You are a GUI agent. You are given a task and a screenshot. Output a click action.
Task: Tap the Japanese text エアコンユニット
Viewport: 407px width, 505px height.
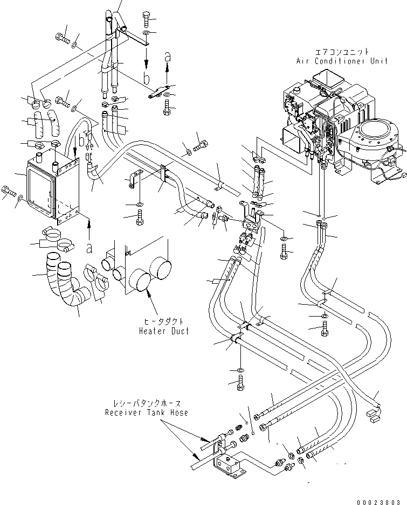tap(343, 52)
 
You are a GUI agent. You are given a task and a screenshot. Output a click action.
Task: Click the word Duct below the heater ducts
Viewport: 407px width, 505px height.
tap(179, 331)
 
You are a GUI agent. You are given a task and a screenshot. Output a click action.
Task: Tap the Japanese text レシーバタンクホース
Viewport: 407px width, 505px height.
tap(147, 403)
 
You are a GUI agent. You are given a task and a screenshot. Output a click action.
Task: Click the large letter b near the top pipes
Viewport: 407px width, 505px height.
tap(147, 78)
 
